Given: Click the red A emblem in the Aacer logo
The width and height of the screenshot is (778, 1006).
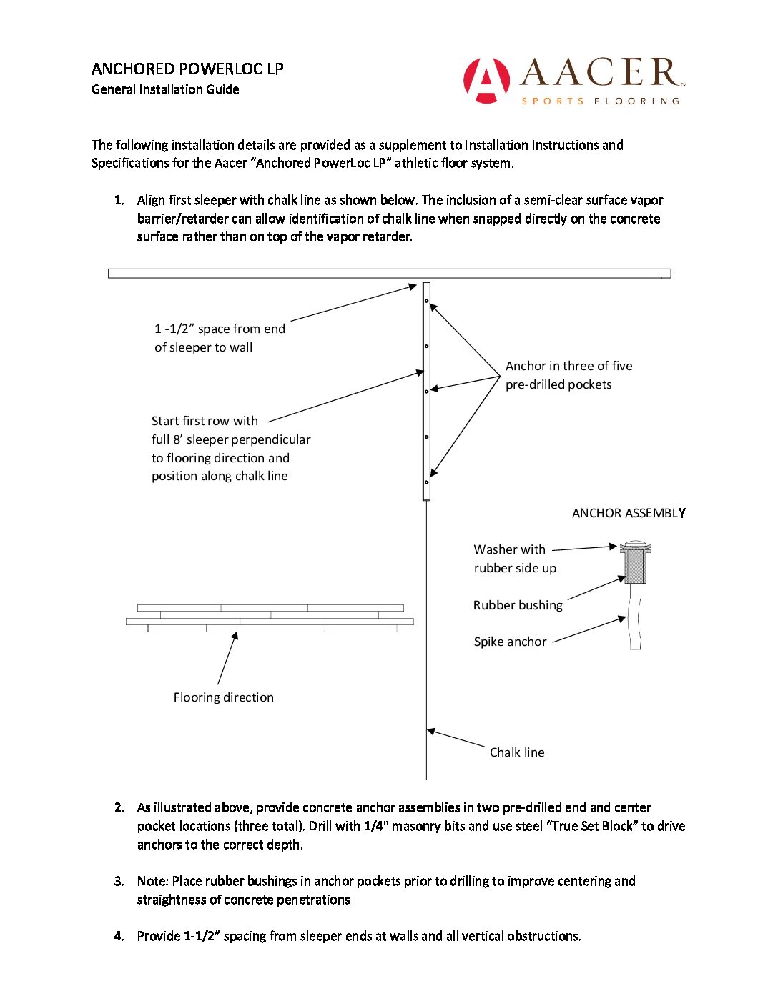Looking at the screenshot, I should pos(486,80).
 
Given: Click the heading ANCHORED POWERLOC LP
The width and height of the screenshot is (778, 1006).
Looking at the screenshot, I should pos(187,69).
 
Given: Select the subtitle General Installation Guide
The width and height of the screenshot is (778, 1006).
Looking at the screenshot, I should pos(165,89).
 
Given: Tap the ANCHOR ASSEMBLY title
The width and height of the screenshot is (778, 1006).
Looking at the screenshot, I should pos(629,513).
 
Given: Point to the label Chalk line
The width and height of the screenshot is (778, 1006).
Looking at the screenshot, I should pos(517,752).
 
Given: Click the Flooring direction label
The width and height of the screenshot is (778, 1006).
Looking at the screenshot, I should pos(223,697).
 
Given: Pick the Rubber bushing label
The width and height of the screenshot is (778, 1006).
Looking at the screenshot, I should pos(518,605).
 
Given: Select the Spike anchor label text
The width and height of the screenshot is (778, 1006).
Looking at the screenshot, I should pos(510,642).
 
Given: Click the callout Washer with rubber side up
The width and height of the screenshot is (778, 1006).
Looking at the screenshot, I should pos(515,559).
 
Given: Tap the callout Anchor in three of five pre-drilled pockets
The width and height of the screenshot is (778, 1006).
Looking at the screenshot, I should pos(568,375).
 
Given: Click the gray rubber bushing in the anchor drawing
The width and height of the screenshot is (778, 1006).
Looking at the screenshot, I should pos(635,569).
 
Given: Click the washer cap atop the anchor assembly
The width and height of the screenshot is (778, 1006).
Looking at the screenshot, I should pos(635,548).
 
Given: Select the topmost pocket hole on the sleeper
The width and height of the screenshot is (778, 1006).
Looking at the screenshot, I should pos(427,301).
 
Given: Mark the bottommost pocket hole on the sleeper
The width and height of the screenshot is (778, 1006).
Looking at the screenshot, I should pos(427,482).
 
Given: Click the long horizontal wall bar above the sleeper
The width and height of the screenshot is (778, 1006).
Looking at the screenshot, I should pos(389,273).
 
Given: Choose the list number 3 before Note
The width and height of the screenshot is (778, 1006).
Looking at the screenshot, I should pos(119,881).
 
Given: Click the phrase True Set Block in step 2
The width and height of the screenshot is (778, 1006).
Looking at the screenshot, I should pos(591,826).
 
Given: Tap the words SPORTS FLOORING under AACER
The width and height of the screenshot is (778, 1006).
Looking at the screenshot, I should pos(600,101).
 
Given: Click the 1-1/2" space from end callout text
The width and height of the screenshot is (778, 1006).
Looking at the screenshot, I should pos(220,338).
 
